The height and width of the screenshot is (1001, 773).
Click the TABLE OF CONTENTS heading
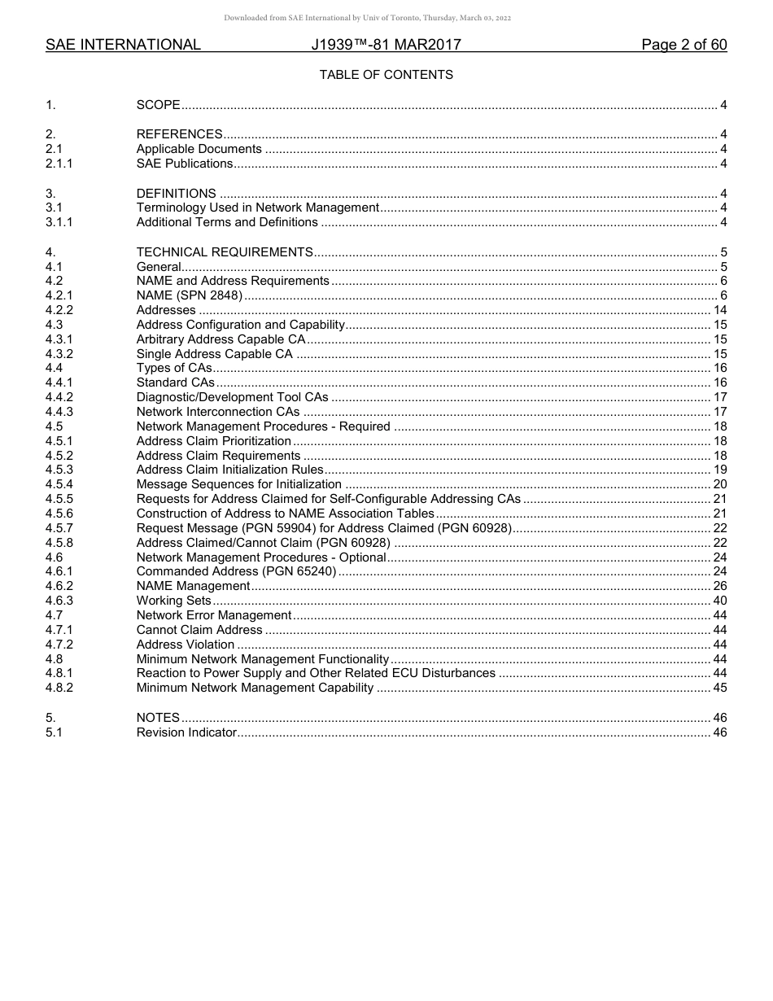[x=386, y=75]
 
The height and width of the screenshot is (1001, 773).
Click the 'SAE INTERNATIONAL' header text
[x=123, y=45]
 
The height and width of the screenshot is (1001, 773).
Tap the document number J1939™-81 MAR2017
[x=386, y=45]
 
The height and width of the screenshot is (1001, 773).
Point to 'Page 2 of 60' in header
[x=683, y=45]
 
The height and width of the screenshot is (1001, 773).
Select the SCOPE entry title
[x=158, y=105]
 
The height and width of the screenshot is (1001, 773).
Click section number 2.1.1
[x=59, y=164]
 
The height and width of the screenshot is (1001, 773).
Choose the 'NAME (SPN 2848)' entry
[x=189, y=295]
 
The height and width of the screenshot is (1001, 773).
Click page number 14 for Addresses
[x=719, y=310]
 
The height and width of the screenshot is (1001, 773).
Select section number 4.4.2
[x=59, y=397]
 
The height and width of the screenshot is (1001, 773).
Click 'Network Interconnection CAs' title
[x=217, y=412]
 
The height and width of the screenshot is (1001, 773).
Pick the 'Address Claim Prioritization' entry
[x=213, y=441]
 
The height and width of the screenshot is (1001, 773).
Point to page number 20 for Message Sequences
[x=719, y=484]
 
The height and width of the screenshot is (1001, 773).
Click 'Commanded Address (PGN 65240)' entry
[x=236, y=571]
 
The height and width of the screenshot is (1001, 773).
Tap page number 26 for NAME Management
[x=719, y=586]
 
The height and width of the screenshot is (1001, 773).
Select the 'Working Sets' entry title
[x=173, y=601]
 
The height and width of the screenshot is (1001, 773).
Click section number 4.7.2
[x=59, y=645]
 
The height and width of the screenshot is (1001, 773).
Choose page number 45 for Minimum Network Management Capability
[x=719, y=688]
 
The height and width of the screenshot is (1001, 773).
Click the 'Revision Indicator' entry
[x=186, y=732]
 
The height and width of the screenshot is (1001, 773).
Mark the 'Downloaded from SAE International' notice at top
[x=367, y=18]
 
